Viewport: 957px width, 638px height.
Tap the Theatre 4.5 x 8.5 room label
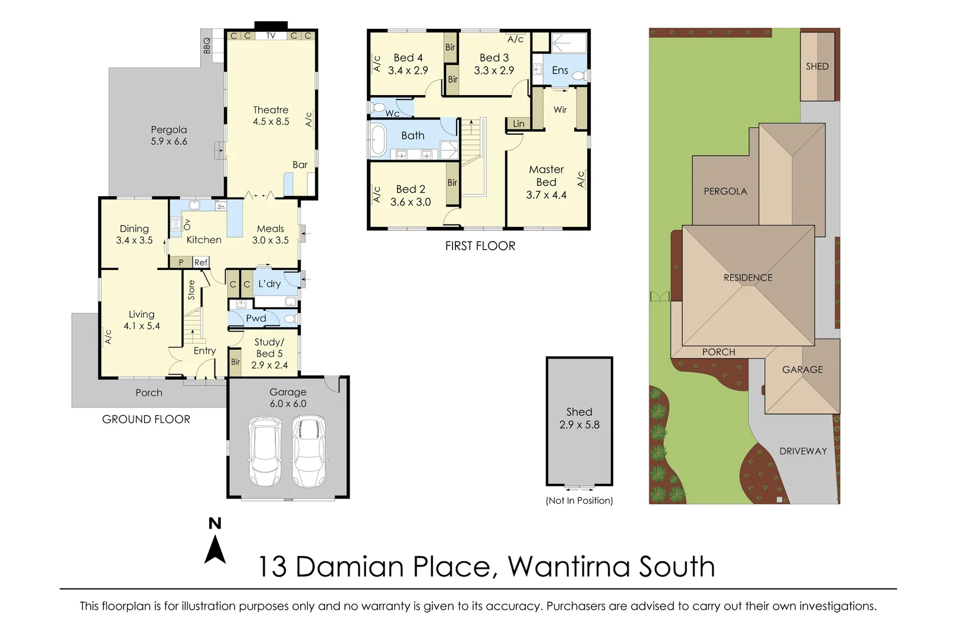(x=271, y=115)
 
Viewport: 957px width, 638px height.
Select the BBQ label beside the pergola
(x=207, y=45)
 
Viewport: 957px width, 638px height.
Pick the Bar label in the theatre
(x=300, y=165)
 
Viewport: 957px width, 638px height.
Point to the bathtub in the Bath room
(x=377, y=141)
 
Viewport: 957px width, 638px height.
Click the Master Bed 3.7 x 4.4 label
(x=546, y=182)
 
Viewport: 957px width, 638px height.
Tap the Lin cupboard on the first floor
(x=518, y=123)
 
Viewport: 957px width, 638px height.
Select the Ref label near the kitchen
(x=201, y=262)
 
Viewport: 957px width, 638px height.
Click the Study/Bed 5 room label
(x=269, y=353)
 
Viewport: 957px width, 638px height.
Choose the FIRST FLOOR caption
(x=480, y=246)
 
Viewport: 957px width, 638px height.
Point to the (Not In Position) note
(x=579, y=500)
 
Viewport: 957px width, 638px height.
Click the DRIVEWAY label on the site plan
(x=803, y=451)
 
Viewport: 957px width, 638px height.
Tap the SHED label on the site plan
(x=817, y=66)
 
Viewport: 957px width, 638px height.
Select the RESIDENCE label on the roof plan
(x=748, y=277)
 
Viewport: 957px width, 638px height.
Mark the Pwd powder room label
(x=256, y=318)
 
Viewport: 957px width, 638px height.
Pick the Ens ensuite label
(x=559, y=70)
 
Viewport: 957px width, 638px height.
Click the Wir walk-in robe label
(x=560, y=109)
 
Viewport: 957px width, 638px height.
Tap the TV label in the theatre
(x=271, y=35)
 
